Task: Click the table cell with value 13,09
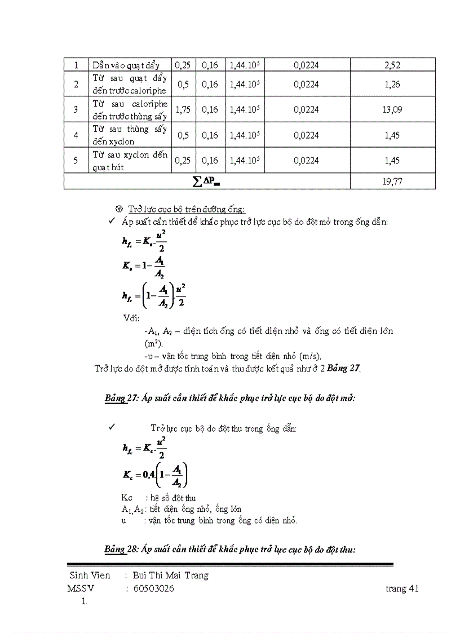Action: point(392,109)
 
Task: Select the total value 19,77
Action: point(392,181)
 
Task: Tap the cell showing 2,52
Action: point(392,65)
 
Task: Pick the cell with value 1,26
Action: point(392,85)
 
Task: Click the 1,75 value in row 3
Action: point(183,109)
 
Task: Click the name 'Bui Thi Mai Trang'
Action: point(170,576)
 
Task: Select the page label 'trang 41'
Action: point(402,588)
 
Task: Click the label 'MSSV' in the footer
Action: point(81,588)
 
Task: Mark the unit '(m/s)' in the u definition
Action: point(309,356)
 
